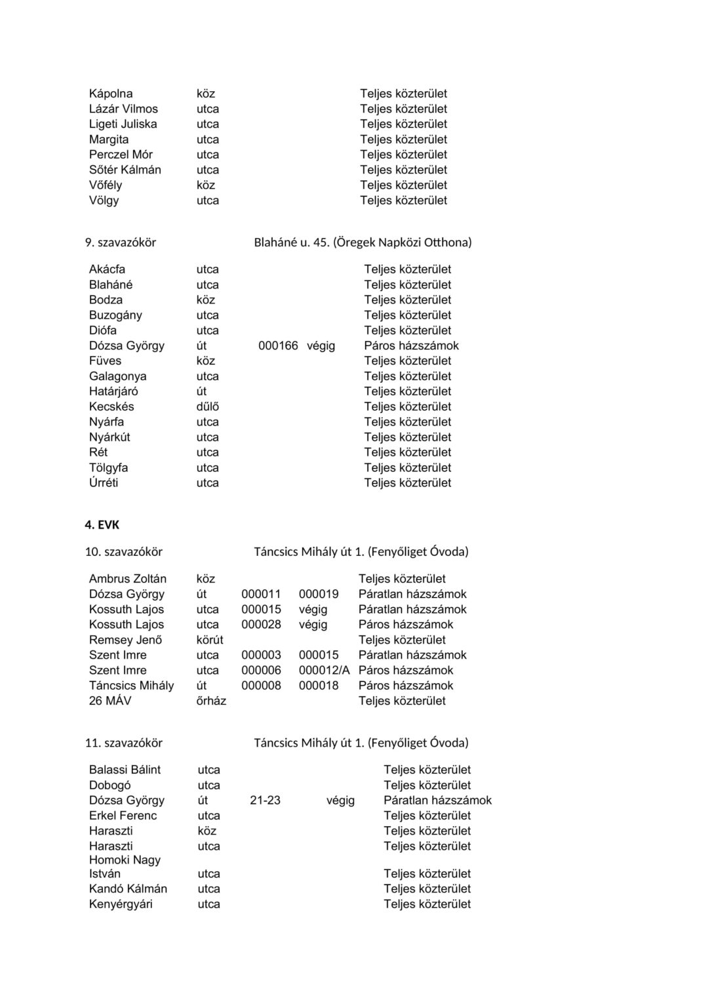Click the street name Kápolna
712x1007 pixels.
click(x=111, y=94)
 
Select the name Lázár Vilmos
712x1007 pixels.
click(x=123, y=109)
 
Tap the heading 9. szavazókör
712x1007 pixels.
click(x=121, y=243)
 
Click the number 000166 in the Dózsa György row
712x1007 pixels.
click(x=278, y=346)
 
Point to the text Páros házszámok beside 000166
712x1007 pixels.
click(x=411, y=346)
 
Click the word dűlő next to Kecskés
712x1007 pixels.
click(x=208, y=406)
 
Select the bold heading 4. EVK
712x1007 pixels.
click(x=102, y=525)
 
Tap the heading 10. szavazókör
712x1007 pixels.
click(x=124, y=552)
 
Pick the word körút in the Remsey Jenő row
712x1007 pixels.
click(x=210, y=640)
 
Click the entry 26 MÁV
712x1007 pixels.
click(x=110, y=701)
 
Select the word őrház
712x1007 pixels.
click(x=211, y=701)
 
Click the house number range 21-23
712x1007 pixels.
click(x=265, y=800)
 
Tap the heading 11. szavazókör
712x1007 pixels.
click(x=124, y=743)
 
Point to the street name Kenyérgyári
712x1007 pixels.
click(x=121, y=904)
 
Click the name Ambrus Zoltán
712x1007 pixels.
click(x=128, y=579)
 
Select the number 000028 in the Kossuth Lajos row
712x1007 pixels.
click(x=261, y=625)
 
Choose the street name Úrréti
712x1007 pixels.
click(x=104, y=483)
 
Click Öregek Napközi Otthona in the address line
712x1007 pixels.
click(x=402, y=243)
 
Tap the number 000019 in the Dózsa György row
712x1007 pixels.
click(x=319, y=594)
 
